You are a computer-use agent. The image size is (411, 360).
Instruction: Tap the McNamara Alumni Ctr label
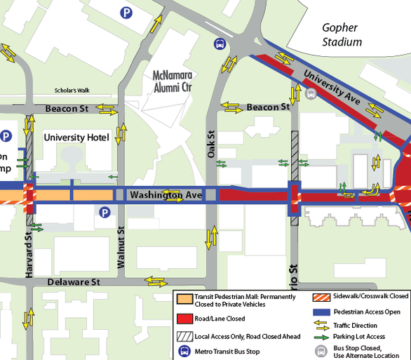click(x=172, y=81)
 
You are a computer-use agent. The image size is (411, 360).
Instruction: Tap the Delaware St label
click(x=73, y=281)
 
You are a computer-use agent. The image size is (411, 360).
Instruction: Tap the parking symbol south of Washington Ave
click(x=105, y=212)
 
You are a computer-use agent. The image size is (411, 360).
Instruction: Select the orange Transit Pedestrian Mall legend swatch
click(x=185, y=298)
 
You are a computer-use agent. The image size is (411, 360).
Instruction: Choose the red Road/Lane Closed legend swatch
click(x=185, y=318)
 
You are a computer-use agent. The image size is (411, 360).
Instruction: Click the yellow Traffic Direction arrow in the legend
click(x=322, y=325)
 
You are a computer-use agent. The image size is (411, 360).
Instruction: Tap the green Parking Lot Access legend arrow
click(x=322, y=337)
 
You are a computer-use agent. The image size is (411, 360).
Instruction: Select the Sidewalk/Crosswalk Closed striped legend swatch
click(x=322, y=297)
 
